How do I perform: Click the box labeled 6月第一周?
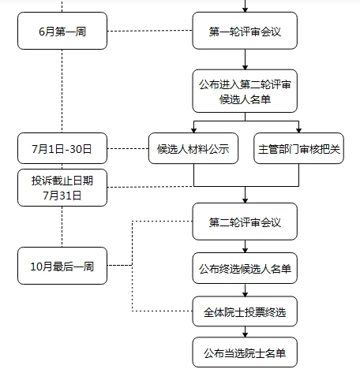(62, 31)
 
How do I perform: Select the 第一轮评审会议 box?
(245, 31)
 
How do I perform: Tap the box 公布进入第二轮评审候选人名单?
(245, 91)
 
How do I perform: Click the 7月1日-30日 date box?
(62, 148)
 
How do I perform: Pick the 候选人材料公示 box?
(193, 148)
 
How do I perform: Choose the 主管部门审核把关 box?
(298, 148)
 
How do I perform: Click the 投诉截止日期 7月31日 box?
(62, 188)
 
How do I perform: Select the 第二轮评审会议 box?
(245, 222)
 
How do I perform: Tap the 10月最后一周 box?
(62, 266)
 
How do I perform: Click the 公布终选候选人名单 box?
(245, 268)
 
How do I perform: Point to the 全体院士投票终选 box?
(245, 311)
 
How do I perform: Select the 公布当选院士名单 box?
(245, 352)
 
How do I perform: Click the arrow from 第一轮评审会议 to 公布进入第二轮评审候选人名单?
(245, 60)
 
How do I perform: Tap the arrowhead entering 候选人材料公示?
(194, 130)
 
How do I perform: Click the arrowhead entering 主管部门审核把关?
(298, 130)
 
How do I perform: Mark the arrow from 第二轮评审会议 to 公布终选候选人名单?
(245, 247)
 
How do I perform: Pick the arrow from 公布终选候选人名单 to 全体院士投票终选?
(245, 290)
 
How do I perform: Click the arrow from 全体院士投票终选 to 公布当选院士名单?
(245, 332)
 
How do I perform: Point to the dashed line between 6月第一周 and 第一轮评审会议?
(150, 31)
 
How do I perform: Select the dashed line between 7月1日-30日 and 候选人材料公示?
(128, 148)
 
